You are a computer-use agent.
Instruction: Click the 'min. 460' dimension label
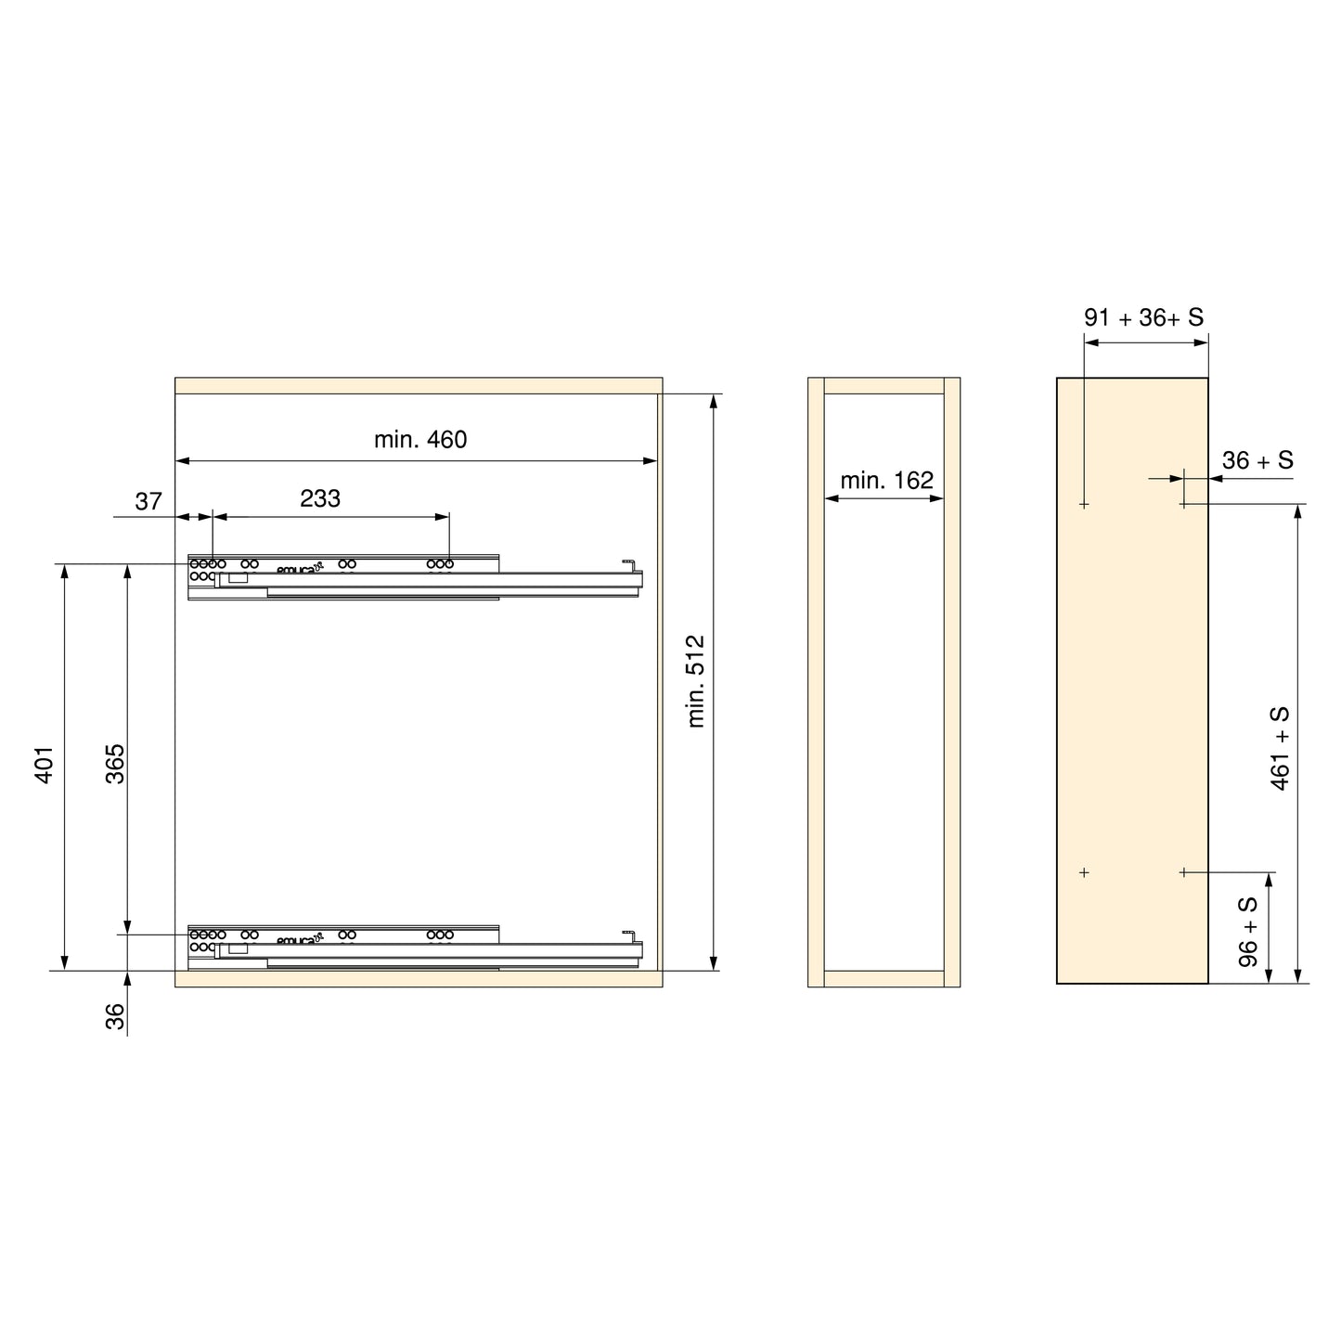tap(420, 440)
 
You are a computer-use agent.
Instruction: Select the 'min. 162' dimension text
tap(886, 480)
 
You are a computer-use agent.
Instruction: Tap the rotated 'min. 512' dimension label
tap(695, 681)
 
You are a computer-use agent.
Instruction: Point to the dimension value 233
tap(320, 498)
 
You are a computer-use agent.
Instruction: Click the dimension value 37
tap(148, 501)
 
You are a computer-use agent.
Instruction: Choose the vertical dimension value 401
tap(45, 765)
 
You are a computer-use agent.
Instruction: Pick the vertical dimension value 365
tap(115, 764)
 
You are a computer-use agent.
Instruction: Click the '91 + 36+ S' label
tap(1143, 317)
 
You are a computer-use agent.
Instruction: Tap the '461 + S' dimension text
tap(1279, 748)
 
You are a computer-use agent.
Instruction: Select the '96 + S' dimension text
tap(1248, 932)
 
